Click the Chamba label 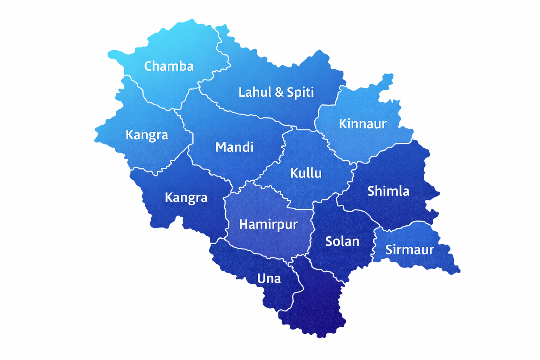[x=169, y=66]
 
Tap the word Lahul [x=255, y=92]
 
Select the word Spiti [x=300, y=92]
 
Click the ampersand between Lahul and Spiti [x=279, y=92]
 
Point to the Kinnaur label [x=362, y=124]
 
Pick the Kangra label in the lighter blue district [x=147, y=135]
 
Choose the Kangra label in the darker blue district [x=186, y=198]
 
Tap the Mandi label [x=234, y=147]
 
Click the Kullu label [x=306, y=173]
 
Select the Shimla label [x=388, y=191]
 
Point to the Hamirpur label [x=268, y=224]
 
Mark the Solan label [x=342, y=242]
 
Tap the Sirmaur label [x=410, y=250]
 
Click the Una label [x=269, y=279]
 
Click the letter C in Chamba [x=148, y=66]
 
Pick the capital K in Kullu [x=294, y=173]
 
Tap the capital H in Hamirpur [x=243, y=224]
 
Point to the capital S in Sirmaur [x=389, y=250]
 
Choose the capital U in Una [x=261, y=279]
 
